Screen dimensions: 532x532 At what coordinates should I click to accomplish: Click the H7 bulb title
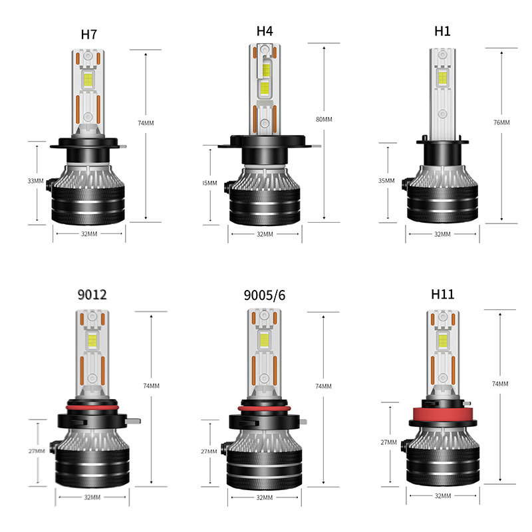(89, 35)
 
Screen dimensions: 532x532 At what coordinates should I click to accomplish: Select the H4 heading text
(265, 31)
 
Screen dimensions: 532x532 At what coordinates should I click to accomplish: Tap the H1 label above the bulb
(442, 31)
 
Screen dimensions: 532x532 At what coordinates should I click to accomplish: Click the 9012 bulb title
(91, 295)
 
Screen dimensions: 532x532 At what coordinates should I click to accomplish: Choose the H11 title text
(442, 295)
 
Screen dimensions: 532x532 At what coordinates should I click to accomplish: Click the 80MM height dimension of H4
(324, 120)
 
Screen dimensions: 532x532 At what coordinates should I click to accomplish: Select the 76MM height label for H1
(502, 122)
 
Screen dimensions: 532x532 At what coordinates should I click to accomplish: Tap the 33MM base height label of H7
(36, 180)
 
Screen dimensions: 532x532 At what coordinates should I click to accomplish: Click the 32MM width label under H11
(442, 495)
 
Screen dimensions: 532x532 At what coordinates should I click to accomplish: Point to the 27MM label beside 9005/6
(209, 452)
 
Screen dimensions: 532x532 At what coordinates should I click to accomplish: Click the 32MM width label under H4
(264, 234)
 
